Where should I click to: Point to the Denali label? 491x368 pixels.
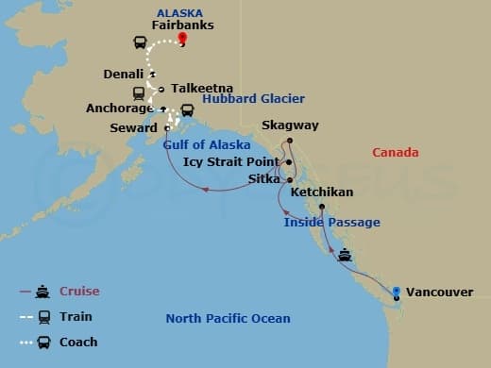(125, 74)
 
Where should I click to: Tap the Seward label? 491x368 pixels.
(133, 127)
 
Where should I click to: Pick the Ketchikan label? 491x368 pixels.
(322, 192)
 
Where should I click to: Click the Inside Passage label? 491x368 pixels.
(332, 223)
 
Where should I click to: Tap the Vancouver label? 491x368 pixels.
(440, 293)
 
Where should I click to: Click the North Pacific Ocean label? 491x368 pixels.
(228, 318)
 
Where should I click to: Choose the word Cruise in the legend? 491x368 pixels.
(78, 292)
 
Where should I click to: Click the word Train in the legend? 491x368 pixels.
(76, 317)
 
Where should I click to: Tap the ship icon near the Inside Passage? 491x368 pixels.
(346, 255)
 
